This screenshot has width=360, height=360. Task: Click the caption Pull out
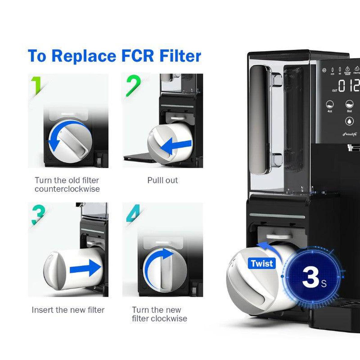(162, 180)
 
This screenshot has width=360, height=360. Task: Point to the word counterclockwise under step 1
(67, 189)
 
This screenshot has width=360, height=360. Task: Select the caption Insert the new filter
(68, 310)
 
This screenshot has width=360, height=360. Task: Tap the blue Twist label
(262, 263)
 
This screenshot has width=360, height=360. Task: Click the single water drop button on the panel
(349, 121)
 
